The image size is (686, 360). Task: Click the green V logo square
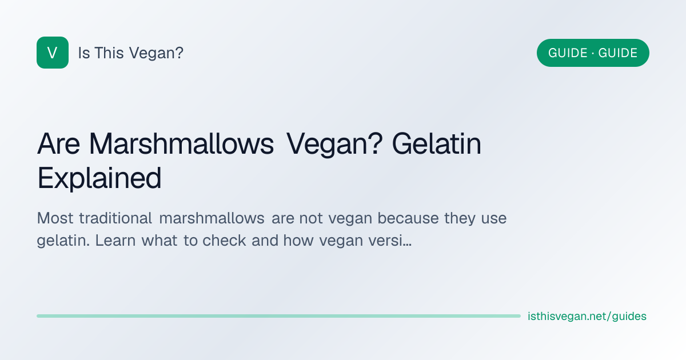(53, 53)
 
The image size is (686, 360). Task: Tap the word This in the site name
(109, 53)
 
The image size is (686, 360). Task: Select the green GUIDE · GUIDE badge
(593, 53)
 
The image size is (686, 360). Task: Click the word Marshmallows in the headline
(181, 143)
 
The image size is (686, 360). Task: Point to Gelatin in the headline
(436, 143)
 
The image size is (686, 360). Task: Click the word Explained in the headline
(99, 178)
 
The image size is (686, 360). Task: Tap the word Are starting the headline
(58, 143)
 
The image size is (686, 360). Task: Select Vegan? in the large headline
(334, 145)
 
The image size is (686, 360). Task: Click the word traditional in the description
(115, 218)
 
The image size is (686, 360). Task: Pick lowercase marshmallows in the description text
(212, 218)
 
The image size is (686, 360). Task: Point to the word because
(408, 218)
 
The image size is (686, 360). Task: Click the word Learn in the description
(115, 241)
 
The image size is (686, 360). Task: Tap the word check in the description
(224, 241)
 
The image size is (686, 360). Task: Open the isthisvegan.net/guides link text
(587, 316)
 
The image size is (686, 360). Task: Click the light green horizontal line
(279, 316)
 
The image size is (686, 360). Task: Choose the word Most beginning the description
(55, 218)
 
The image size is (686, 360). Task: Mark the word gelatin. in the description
(63, 241)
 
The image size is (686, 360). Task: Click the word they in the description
(460, 219)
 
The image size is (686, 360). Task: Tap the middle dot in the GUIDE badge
(593, 53)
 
